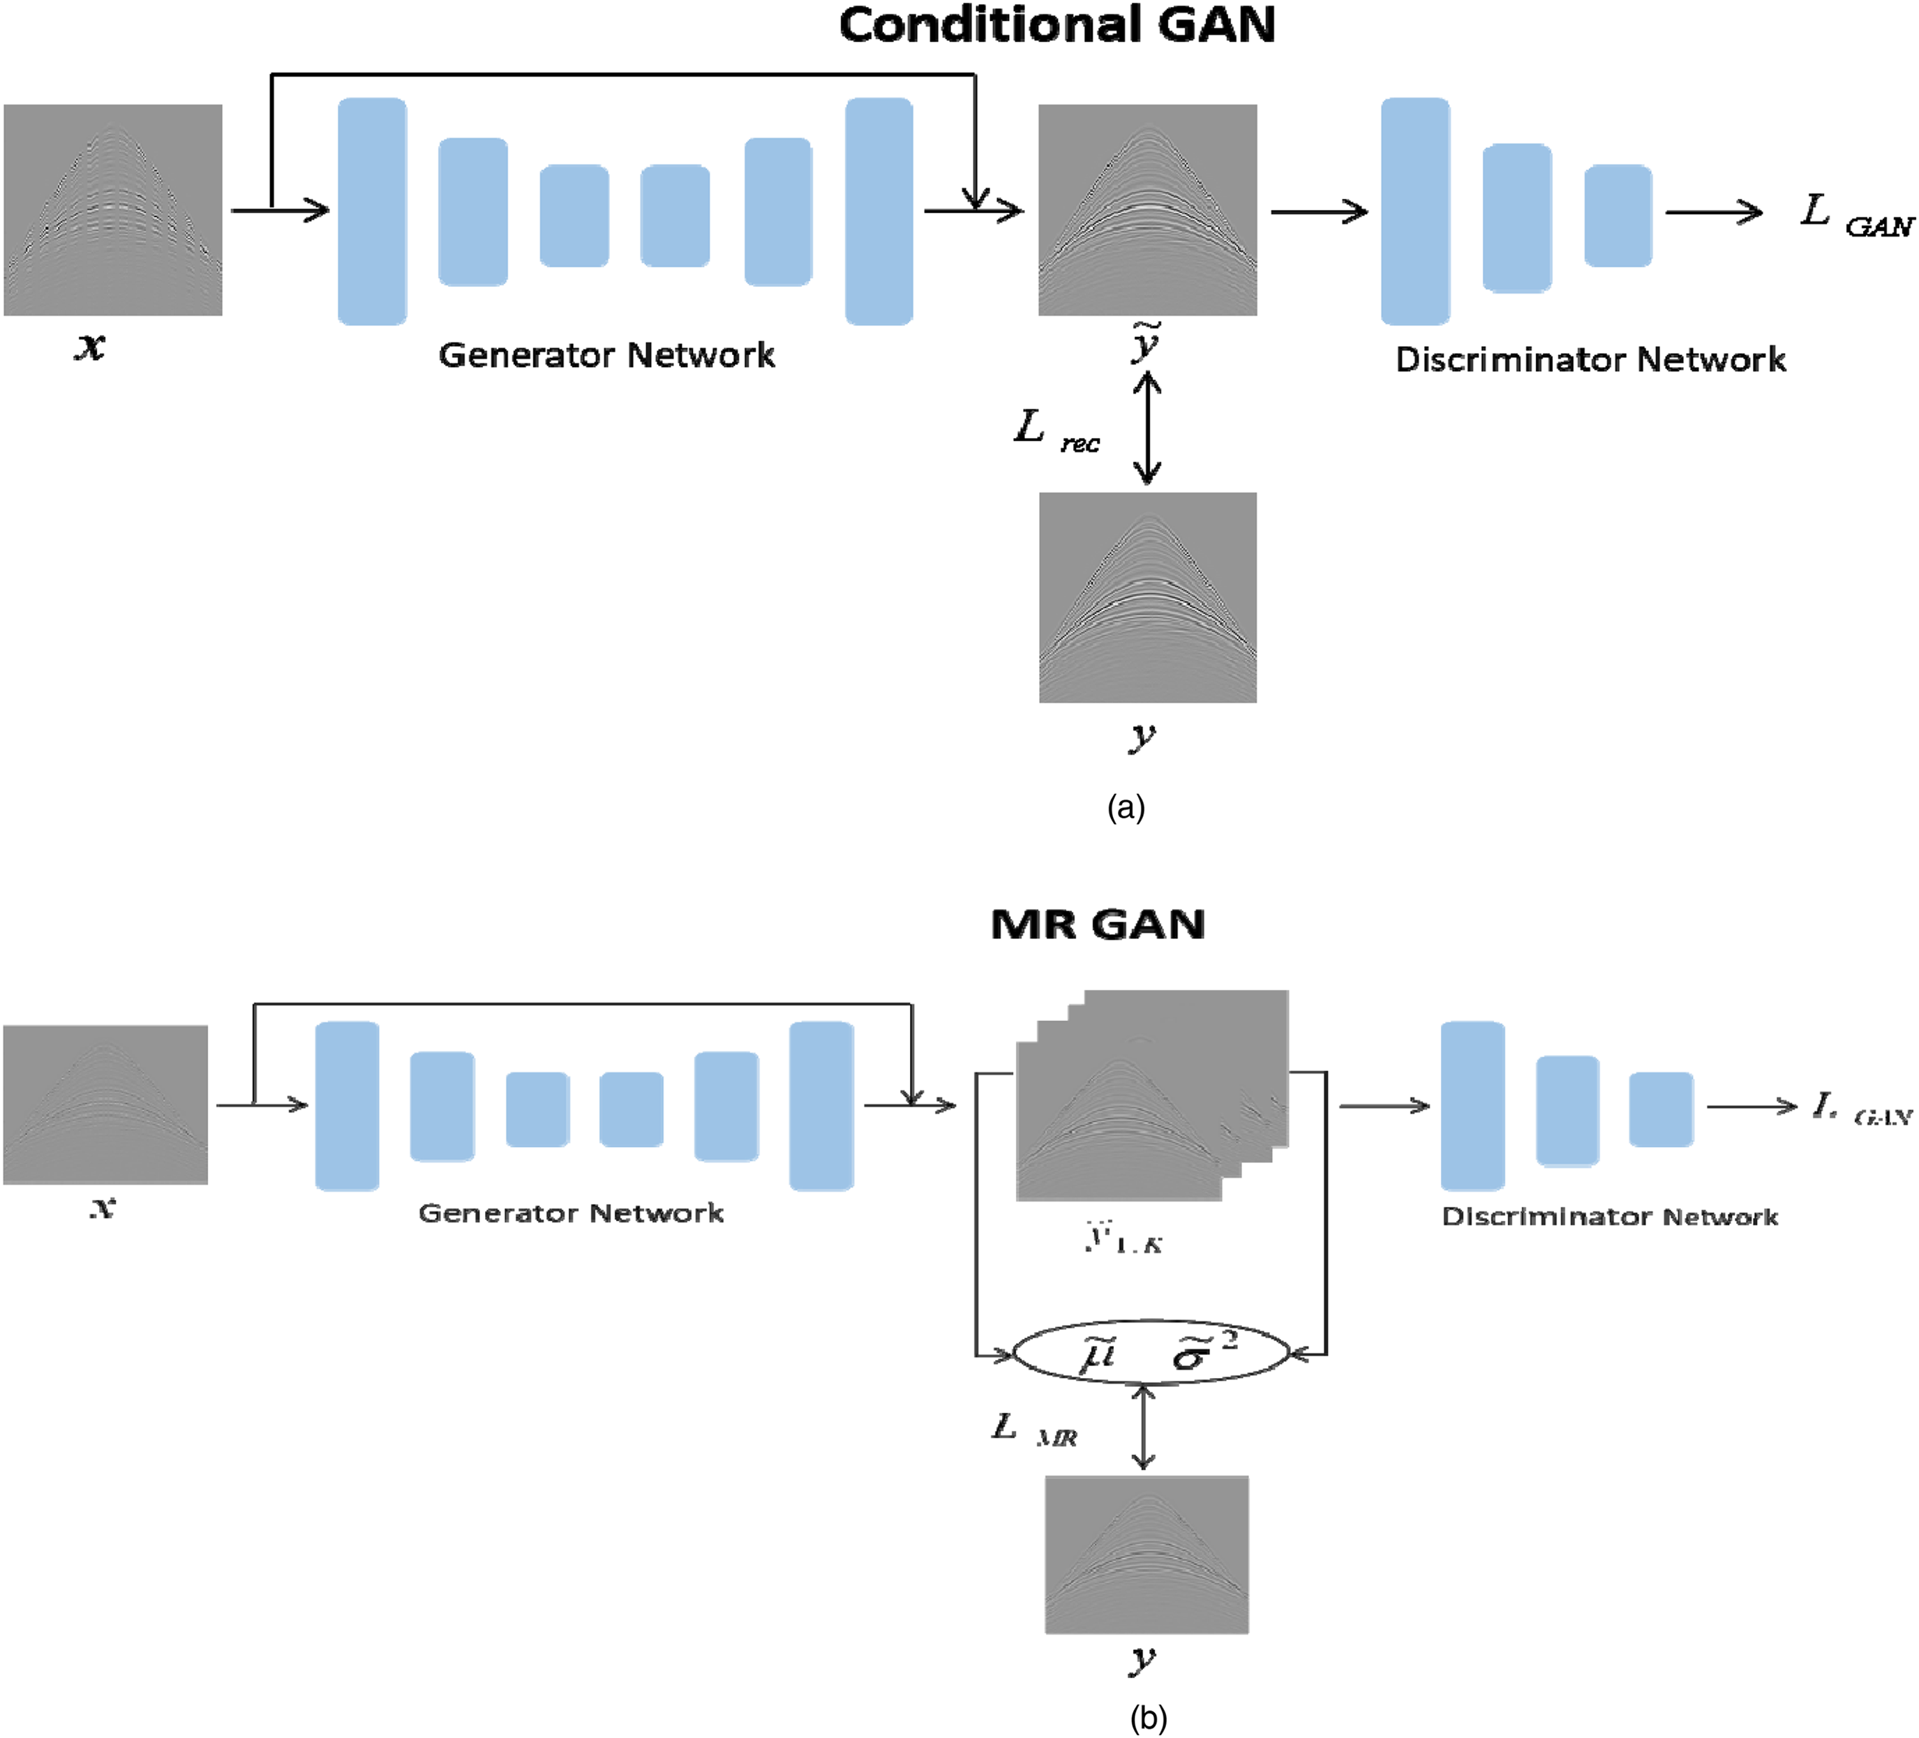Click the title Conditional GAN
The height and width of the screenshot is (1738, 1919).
tap(1056, 26)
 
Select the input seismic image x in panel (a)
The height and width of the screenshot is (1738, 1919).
tap(113, 210)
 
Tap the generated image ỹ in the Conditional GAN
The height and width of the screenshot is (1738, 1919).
tap(1147, 210)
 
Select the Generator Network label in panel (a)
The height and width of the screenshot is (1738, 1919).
tap(606, 356)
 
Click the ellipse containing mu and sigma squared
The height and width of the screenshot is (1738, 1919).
tap(1151, 1351)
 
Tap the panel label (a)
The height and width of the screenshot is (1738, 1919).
tap(1126, 808)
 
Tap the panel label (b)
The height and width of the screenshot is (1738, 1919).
tap(1148, 1717)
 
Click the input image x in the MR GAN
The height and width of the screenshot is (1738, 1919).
tap(105, 1104)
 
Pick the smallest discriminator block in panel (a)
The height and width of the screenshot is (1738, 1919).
tap(1618, 215)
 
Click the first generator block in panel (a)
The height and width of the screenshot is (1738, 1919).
tap(372, 211)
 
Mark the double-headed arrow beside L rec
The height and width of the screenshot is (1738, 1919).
tap(1147, 428)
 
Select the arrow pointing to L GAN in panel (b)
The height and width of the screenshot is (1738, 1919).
tap(1751, 1106)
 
